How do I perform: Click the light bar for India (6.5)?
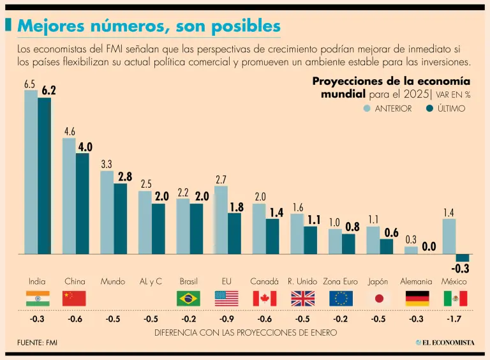31,172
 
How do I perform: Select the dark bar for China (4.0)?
82,203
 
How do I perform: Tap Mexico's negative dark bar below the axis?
462,257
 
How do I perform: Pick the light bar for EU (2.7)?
221,220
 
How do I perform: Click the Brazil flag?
188,298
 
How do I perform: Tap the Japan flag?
378,298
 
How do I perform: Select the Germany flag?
417,298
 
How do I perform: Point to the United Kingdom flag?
302,298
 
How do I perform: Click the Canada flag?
264,298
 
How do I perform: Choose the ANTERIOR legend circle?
367,109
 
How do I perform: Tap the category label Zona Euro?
341,281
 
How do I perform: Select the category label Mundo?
112,281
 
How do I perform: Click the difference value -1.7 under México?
455,319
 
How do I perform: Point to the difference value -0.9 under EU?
226,319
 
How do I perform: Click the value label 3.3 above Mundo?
107,164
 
